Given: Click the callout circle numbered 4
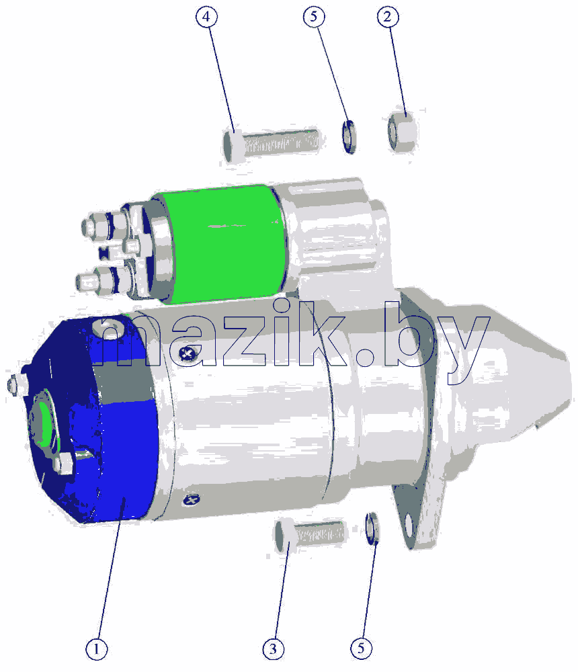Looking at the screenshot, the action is coord(206,17).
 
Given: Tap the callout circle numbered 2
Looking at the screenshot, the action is coord(388,17).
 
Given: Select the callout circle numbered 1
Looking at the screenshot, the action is coord(97,649).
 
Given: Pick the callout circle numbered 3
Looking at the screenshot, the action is coord(273,649).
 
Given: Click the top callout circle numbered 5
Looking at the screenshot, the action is coord(314,17).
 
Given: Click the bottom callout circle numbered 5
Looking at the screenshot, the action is coord(361,648).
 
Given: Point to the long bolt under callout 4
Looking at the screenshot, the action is coord(271,144).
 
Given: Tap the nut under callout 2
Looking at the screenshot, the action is coord(402,131).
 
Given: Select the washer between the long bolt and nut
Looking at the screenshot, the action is coord(349,136).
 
